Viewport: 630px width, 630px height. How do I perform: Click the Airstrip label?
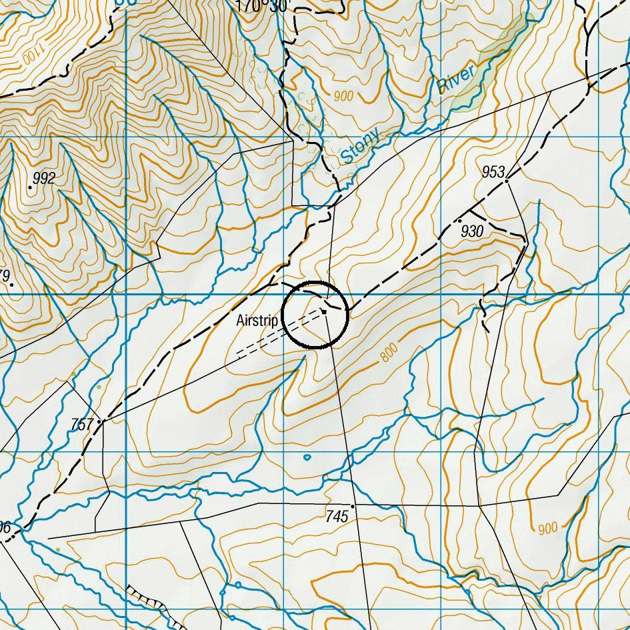pos(257,321)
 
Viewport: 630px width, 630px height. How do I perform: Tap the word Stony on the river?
pos(361,147)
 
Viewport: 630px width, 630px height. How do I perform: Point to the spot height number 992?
pos(43,178)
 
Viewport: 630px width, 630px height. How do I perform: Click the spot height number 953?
pos(493,172)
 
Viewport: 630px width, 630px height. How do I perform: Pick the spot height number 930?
pos(471,231)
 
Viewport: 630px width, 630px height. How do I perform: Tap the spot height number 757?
pos(82,424)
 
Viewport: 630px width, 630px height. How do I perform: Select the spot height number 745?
pos(337,516)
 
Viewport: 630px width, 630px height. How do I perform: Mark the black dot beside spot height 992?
pos(30,187)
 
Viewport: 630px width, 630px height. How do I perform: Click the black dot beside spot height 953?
pos(507,180)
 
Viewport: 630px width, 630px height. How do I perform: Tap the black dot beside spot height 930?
pos(459,220)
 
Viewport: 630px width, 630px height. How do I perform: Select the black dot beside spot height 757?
pos(99,421)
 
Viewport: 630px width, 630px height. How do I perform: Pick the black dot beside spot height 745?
pos(352,507)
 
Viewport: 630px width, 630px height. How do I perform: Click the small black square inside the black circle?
pos(324,311)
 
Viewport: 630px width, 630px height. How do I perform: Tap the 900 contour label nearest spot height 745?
pos(547,529)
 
